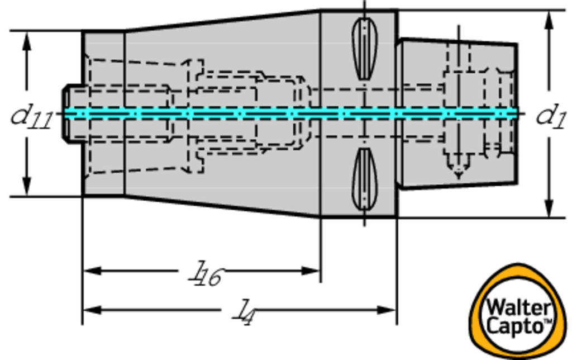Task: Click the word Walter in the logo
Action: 518,308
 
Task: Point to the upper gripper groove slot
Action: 364,48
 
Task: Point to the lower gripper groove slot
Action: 364,179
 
